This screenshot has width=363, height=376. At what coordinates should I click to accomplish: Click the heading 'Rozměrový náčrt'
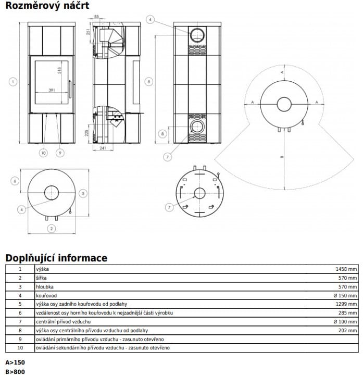[x=47, y=6]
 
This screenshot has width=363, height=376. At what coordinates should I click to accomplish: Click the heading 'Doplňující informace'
[x=56, y=258]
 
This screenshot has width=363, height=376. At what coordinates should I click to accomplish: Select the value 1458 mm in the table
[x=346, y=269]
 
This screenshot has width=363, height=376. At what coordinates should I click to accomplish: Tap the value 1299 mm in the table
[x=346, y=304]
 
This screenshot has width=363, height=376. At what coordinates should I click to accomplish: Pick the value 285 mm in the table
[x=348, y=312]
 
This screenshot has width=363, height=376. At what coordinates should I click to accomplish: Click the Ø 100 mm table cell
[x=346, y=321]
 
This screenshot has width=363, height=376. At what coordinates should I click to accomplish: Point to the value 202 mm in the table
[x=348, y=330]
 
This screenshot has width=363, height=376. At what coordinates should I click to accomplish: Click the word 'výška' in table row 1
[x=43, y=269]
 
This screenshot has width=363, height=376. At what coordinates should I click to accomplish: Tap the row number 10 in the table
[x=20, y=347]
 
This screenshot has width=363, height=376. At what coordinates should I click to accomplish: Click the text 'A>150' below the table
[x=15, y=362]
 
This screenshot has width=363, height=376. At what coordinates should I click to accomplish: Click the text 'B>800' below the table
[x=15, y=371]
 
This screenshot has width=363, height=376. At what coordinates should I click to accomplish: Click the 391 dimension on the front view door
[x=52, y=90]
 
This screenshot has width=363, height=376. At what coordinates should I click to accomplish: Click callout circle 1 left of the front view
[x=12, y=82]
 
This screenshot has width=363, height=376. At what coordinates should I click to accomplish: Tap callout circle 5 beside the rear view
[x=149, y=82]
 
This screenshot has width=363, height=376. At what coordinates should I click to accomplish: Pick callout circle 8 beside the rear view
[x=163, y=134]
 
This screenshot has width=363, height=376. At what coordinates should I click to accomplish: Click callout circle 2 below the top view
[x=51, y=228]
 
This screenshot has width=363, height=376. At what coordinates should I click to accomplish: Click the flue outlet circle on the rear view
[x=197, y=35]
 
